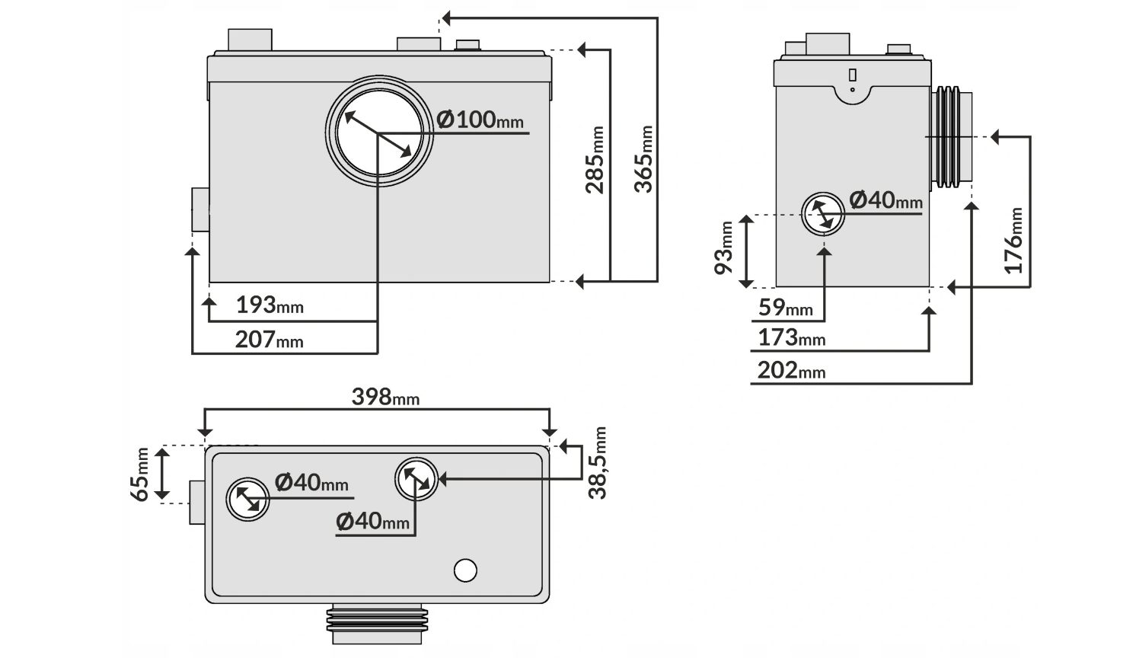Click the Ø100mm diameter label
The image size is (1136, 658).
click(x=480, y=120)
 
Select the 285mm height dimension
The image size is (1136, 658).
click(x=595, y=160)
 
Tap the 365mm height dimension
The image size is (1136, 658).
click(x=643, y=159)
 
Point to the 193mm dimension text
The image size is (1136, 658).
click(x=270, y=305)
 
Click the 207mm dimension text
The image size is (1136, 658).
click(x=270, y=340)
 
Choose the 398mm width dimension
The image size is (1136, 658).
click(x=385, y=397)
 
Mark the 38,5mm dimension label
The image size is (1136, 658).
click(x=597, y=463)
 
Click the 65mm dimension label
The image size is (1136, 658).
click(x=139, y=474)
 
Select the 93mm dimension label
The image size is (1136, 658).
click(x=723, y=248)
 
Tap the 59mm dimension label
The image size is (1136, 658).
click(x=786, y=308)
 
